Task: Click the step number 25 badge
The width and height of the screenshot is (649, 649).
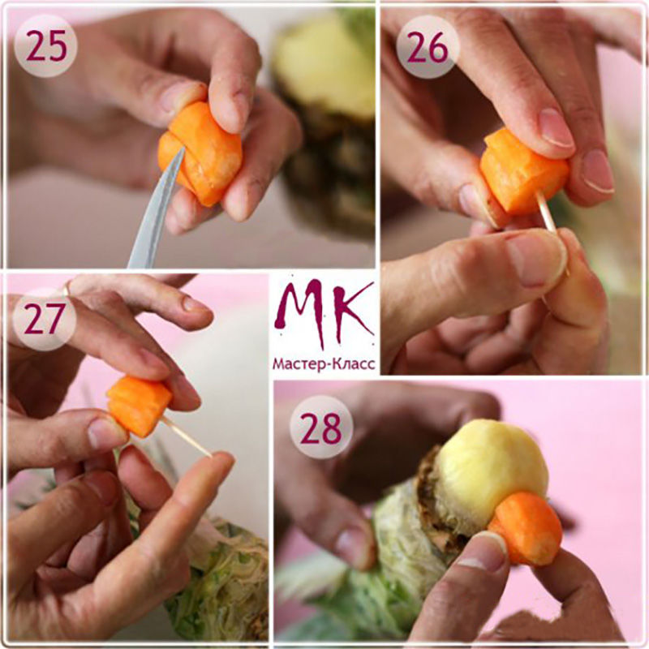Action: (45, 45)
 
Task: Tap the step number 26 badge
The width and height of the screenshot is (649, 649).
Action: (428, 46)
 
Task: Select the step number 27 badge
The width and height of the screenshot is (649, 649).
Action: (45, 319)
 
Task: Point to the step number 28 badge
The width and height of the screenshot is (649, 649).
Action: (321, 428)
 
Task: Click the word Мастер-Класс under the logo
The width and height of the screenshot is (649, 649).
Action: (324, 364)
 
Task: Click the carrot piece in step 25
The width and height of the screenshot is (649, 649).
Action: (200, 153)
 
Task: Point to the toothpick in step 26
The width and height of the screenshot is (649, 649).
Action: (552, 232)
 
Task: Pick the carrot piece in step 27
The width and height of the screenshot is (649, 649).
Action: (139, 406)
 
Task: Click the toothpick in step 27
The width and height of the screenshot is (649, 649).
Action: (186, 436)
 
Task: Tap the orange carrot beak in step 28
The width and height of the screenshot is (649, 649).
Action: (527, 529)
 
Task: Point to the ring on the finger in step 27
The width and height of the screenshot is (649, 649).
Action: (67, 288)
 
